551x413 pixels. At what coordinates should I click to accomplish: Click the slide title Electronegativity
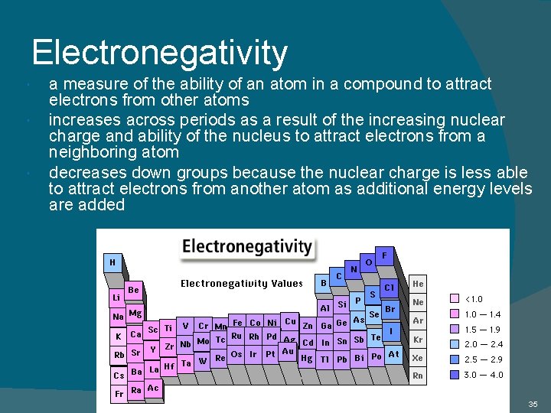coord(160,53)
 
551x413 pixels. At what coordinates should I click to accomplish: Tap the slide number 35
coord(533,403)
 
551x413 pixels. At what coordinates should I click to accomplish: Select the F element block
coord(384,253)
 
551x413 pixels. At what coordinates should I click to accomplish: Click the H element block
coord(112,262)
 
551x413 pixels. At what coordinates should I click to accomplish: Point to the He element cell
coord(418,283)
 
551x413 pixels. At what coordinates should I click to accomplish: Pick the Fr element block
coord(119,393)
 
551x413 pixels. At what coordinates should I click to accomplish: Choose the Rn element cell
coord(418,376)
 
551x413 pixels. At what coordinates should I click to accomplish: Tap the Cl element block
coord(389,288)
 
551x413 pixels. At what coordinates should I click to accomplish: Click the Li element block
coord(116,297)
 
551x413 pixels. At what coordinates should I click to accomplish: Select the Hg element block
coord(307,358)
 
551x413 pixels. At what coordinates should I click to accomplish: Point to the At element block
coord(393,354)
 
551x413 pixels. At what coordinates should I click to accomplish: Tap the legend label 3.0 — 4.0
coord(484,375)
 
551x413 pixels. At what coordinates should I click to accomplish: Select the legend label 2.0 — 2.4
coord(484,344)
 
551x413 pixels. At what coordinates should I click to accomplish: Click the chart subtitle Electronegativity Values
coord(242,283)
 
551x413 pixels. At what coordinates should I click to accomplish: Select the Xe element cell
coord(418,357)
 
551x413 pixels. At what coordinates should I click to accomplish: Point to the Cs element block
coord(119,376)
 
